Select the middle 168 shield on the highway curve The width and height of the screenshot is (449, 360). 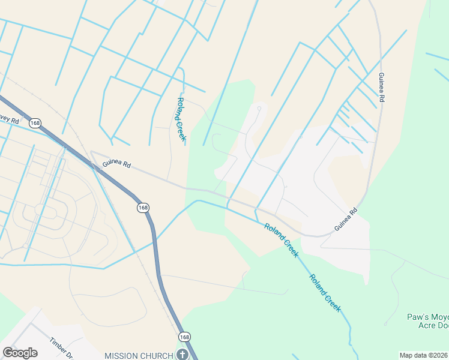143,208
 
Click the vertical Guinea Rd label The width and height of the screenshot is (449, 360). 381,86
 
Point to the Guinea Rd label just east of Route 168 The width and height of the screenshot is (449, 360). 116,164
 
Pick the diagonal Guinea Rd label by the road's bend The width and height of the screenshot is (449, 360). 346,220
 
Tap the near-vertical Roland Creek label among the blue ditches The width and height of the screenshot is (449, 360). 181,119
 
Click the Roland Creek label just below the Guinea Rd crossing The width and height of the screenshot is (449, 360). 281,240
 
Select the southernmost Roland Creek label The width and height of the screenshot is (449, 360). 325,293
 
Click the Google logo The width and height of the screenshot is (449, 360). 20,353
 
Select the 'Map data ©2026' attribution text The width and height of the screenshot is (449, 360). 423,355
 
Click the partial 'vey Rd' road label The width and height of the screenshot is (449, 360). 10,120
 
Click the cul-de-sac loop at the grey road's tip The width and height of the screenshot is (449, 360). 259,109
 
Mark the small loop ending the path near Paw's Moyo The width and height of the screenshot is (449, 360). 385,324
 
